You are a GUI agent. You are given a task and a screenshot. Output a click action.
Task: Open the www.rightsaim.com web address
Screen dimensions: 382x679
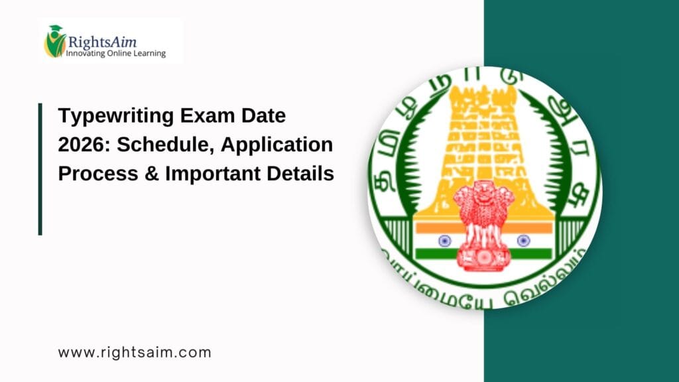(135, 352)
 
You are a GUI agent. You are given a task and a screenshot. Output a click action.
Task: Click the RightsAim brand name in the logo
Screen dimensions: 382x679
(101, 42)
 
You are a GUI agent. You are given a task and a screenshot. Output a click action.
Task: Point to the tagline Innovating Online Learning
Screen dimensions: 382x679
(115, 53)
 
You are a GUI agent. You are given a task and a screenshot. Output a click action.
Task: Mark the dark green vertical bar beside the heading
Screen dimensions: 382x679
(40, 168)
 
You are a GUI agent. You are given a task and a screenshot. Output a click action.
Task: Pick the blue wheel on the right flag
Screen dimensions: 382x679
(523, 241)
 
